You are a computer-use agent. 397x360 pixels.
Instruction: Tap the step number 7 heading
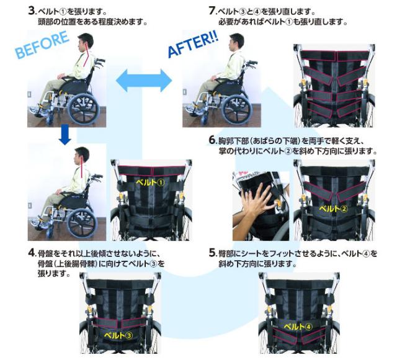tap(212, 11)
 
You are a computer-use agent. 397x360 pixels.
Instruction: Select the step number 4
tap(31, 254)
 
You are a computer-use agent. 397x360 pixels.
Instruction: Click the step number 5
tap(212, 254)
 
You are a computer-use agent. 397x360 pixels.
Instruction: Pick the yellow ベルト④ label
tap(300, 325)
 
